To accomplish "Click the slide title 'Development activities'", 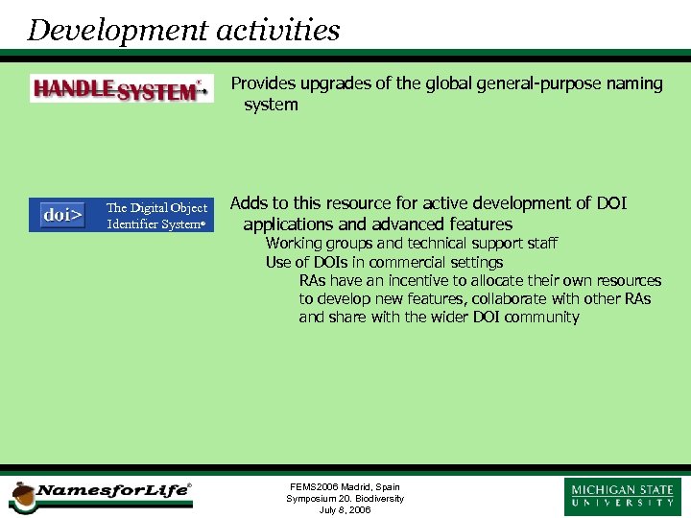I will (183, 30).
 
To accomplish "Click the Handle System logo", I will (121, 90).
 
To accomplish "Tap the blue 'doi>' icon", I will (62, 215).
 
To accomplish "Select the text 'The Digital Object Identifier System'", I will (156, 216).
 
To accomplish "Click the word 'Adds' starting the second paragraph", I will (250, 203).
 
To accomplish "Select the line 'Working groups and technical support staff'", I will (411, 244).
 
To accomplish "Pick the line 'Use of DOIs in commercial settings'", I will (384, 262).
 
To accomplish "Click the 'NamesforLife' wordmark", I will (112, 491).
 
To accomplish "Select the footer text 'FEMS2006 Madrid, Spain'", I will (345, 487).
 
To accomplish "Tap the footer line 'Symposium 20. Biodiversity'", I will (345, 499).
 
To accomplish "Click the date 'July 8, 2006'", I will (345, 510).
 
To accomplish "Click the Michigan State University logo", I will (623, 496).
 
